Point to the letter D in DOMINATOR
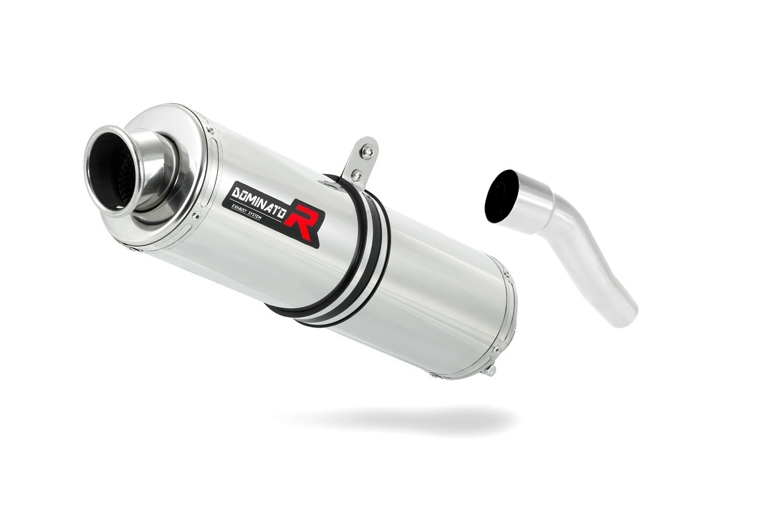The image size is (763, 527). [x=237, y=192]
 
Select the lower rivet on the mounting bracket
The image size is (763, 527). [x=357, y=175]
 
